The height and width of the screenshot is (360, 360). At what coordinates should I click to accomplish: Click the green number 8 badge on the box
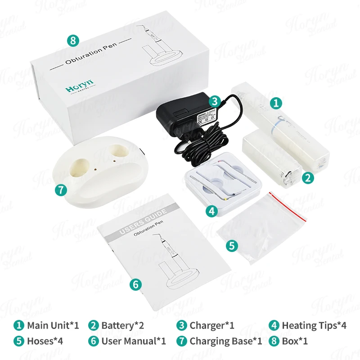(x=73, y=40)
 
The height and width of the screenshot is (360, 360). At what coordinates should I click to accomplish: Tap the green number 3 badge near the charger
(x=215, y=101)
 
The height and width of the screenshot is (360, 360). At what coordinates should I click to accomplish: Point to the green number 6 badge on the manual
(x=136, y=284)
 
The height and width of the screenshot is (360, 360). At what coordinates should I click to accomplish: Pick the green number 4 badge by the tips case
(x=212, y=210)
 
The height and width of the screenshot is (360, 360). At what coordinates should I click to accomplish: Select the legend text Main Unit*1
(x=53, y=325)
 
